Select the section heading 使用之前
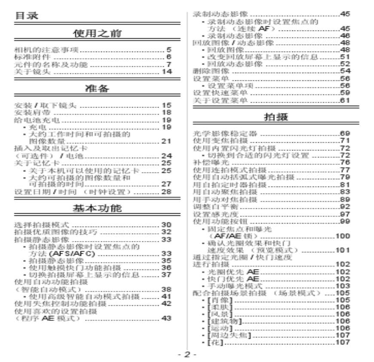point(97,34)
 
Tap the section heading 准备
point(97,89)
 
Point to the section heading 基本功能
point(97,209)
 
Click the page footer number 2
point(187,355)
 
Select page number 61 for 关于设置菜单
point(345,101)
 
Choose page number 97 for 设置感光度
point(345,214)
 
